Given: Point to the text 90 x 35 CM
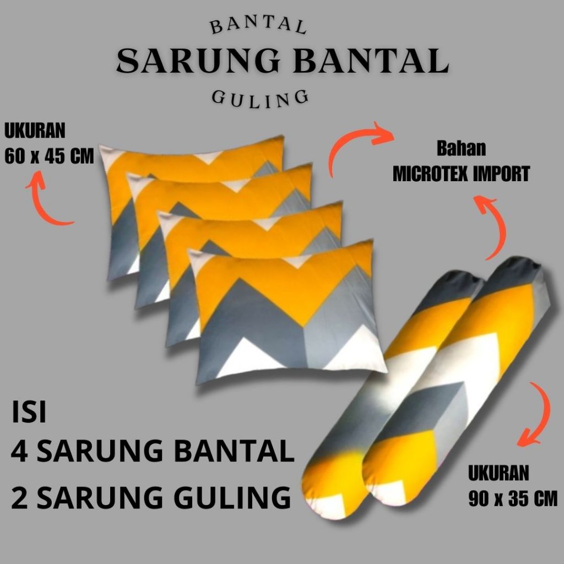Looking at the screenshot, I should pyautogui.click(x=512, y=499).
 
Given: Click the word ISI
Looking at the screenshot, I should pyautogui.click(x=29, y=414).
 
